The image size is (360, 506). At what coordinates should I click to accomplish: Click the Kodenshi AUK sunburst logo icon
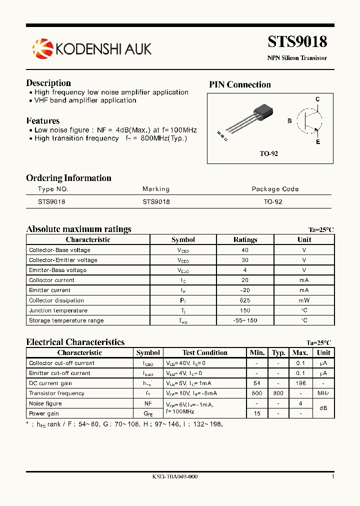(42, 48)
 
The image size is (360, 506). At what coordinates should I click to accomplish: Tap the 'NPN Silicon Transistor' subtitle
(297, 58)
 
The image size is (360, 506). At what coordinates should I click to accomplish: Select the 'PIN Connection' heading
(239, 85)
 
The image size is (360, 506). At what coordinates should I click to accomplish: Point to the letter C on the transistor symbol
(317, 99)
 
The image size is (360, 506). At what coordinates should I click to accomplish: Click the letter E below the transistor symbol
(317, 142)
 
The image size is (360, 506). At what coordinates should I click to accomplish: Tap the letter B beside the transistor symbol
(289, 121)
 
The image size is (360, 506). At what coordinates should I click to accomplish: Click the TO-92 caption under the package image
(268, 154)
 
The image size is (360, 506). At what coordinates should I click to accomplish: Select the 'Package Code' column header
(275, 189)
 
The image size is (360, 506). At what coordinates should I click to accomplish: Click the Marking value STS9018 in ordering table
(156, 202)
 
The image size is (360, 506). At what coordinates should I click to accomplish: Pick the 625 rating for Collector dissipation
(245, 300)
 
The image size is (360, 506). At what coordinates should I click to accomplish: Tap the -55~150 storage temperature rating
(245, 320)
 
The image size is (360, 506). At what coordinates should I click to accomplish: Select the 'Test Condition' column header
(205, 353)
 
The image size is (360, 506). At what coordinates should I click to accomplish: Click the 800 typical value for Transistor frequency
(278, 393)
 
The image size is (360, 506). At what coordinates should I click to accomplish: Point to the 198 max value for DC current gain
(300, 383)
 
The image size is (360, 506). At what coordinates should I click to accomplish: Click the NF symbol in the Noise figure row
(148, 403)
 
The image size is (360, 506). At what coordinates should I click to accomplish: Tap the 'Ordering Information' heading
(68, 178)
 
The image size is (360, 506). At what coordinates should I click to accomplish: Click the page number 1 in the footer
(332, 477)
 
